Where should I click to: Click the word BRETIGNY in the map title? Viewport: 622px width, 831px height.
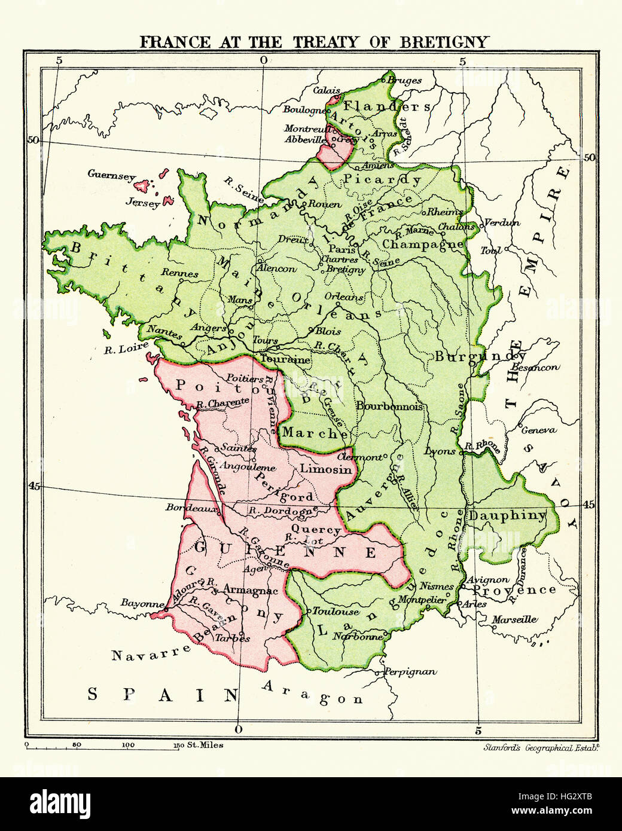click(x=444, y=42)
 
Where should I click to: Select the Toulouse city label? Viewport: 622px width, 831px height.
click(x=336, y=612)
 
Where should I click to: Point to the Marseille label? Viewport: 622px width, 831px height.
click(x=514, y=620)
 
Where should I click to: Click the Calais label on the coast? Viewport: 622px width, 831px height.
click(x=326, y=90)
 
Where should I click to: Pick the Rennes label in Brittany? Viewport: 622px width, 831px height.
click(x=179, y=273)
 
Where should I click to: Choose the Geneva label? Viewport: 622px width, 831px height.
click(x=538, y=430)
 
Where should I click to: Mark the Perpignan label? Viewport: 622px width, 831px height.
click(x=410, y=672)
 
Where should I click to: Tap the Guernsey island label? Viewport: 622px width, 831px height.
click(x=111, y=175)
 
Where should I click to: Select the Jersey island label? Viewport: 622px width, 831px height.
click(x=143, y=203)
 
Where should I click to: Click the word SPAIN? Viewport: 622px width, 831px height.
click(x=163, y=695)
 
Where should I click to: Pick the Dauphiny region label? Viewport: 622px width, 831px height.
click(x=507, y=515)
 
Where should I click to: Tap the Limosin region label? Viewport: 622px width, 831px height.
click(x=326, y=469)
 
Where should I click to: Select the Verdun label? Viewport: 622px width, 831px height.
click(x=501, y=223)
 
